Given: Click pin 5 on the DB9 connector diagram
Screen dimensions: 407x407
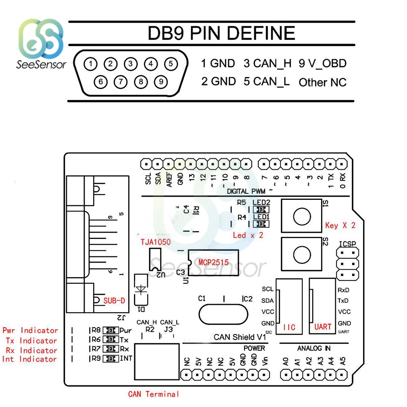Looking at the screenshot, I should coord(171,63).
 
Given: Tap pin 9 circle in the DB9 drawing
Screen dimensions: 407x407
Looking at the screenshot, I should coord(161,81).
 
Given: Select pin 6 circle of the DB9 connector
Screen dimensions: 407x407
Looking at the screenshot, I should coord(100,81).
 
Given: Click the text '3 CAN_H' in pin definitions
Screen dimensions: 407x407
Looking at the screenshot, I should coord(268,63).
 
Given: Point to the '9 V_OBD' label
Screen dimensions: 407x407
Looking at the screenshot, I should coord(322,63).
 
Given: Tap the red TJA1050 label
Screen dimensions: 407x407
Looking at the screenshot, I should coord(155,242).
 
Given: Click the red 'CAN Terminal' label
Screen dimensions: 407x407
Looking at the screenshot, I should coord(153,394).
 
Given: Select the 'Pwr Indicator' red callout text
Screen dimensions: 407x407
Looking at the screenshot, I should coord(31,330).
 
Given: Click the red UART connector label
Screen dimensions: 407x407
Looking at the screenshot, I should coord(323,327).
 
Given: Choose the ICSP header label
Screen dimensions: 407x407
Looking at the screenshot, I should coord(348,244).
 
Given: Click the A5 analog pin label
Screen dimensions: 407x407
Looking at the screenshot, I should coord(343,361).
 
